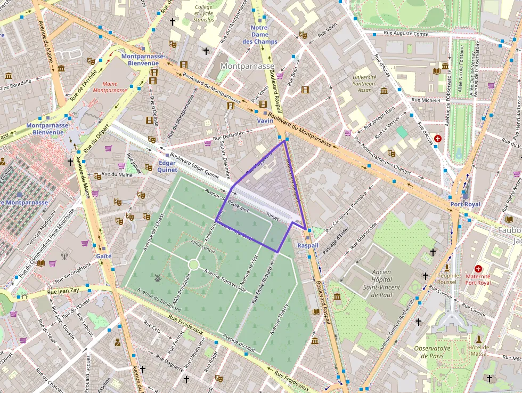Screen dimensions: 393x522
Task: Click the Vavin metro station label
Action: click(x=265, y=121)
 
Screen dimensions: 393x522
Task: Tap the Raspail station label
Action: click(x=307, y=246)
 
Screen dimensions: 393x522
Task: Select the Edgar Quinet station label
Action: click(x=167, y=166)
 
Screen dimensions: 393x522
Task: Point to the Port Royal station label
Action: click(x=464, y=204)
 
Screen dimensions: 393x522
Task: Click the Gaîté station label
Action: click(x=103, y=256)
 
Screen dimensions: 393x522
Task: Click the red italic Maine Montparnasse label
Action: click(x=110, y=87)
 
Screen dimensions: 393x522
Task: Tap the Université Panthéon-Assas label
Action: click(x=364, y=84)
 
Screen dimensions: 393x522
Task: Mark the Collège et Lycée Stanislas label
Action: click(x=204, y=13)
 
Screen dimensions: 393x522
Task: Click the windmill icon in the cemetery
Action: click(x=157, y=277)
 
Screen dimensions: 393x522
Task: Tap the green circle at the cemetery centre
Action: click(x=193, y=264)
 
